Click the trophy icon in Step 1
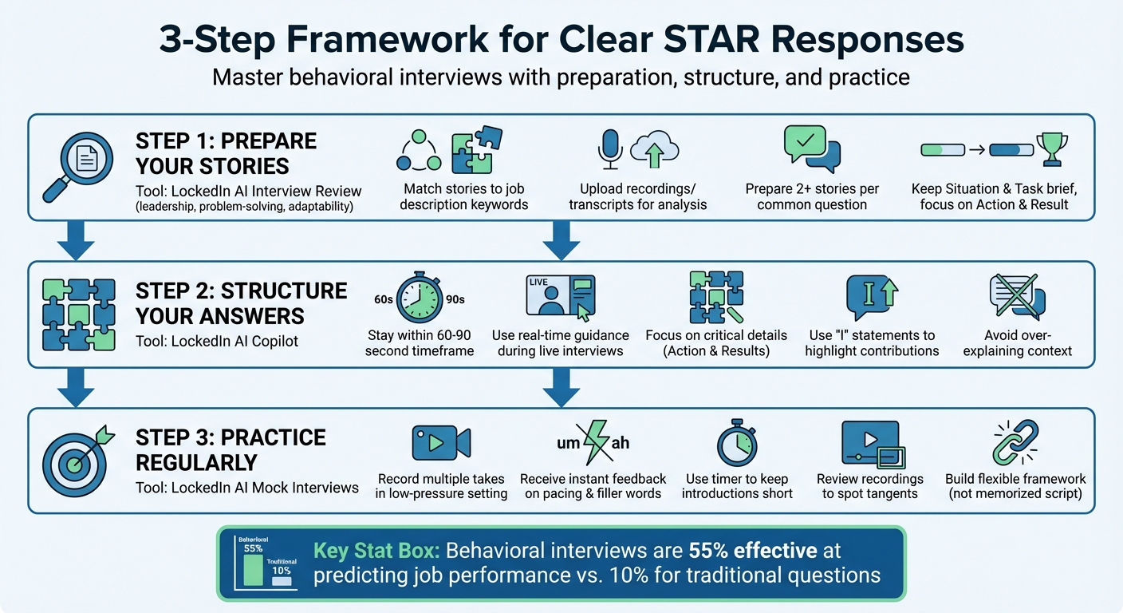1052,149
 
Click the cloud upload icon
654,148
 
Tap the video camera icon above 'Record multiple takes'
440,442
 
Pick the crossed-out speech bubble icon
1016,297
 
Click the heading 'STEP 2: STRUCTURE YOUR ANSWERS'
241,303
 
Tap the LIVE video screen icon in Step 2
560,298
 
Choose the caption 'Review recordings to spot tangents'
869,486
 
